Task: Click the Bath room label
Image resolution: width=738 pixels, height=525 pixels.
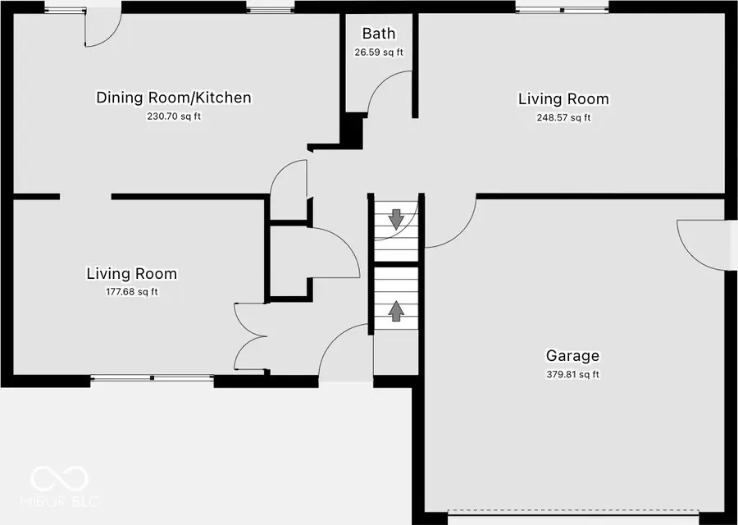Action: click(x=379, y=34)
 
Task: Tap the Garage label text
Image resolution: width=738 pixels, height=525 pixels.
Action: click(x=572, y=356)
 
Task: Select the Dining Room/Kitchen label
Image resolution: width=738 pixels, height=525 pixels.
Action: click(x=174, y=98)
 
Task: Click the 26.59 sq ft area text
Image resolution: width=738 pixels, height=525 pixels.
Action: click(x=379, y=52)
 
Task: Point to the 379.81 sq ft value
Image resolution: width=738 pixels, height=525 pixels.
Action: click(x=572, y=375)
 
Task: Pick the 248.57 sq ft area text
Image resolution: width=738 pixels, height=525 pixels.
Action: click(x=563, y=117)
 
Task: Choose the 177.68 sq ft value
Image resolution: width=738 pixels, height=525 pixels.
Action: click(x=131, y=292)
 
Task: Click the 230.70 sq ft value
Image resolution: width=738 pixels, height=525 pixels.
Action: click(x=174, y=116)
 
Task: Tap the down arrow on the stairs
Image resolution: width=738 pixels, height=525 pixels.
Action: click(x=396, y=218)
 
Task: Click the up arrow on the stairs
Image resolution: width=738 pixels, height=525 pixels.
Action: click(x=396, y=310)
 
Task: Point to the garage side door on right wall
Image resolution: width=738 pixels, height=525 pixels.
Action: click(x=701, y=242)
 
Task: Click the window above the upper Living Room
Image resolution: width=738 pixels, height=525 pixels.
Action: click(x=562, y=9)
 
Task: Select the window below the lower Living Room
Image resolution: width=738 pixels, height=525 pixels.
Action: click(x=152, y=378)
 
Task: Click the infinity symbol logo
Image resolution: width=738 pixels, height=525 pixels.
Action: click(x=60, y=477)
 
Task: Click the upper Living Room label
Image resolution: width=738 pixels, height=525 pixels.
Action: click(x=563, y=99)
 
